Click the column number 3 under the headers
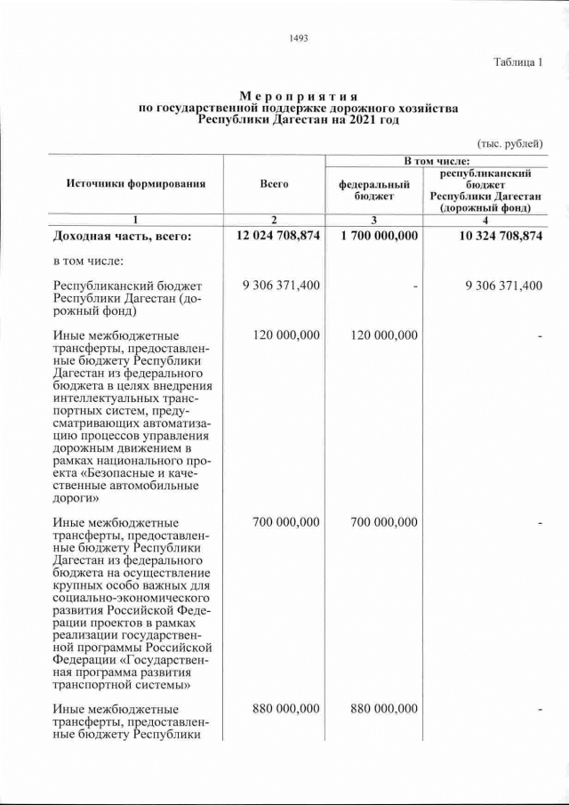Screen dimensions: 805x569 click(374, 220)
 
